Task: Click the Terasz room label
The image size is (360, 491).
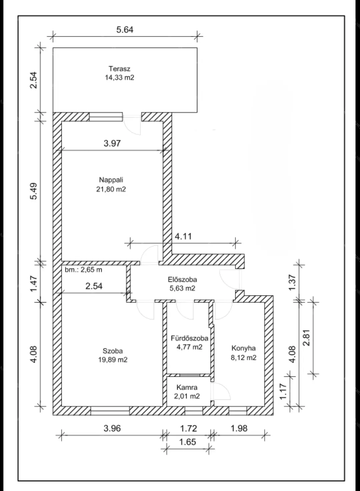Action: coord(120,69)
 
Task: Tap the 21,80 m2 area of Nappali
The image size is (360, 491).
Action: coord(111,189)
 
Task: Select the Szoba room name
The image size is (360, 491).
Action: coord(113,351)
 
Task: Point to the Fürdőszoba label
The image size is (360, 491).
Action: coord(190,338)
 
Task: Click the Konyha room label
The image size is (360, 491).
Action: coord(244,348)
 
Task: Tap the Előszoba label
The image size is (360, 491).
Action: coord(182,279)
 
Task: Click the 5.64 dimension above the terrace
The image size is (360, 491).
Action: coord(125,30)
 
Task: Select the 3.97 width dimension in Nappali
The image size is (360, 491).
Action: coord(112,143)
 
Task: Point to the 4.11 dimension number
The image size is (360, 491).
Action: coord(183,236)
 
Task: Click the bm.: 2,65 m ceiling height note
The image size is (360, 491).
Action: coord(84,269)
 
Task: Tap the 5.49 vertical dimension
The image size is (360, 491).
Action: coord(34,191)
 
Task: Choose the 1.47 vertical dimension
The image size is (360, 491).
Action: coord(34,283)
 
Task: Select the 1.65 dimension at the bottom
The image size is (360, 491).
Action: coord(188,442)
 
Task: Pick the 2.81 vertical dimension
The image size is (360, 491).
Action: coord(307,337)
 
